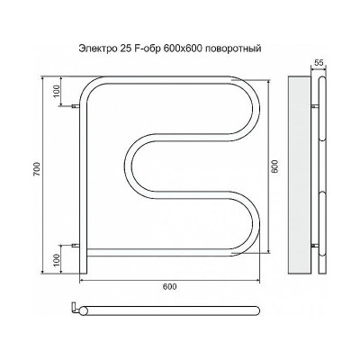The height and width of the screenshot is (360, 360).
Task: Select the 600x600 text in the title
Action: [178, 49]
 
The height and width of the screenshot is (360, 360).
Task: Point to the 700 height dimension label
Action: [37, 169]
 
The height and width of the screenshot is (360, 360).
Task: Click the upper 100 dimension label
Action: [57, 91]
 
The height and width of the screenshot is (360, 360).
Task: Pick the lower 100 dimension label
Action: [57, 260]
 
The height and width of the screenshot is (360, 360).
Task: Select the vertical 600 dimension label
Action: [274, 166]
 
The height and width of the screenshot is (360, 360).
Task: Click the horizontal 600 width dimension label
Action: [170, 287]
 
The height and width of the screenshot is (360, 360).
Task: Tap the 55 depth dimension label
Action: [319, 63]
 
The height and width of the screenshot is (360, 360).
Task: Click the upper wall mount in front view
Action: [76, 106]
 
